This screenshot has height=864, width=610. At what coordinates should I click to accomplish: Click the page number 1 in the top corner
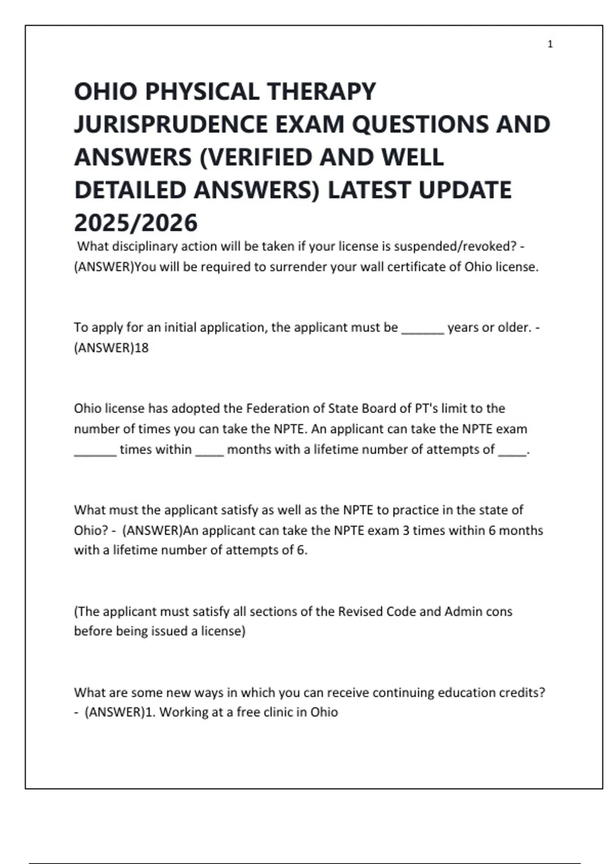[x=550, y=44]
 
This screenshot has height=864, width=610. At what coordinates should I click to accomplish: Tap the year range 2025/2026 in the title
[x=136, y=223]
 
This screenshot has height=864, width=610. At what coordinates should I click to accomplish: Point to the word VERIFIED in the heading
[x=257, y=157]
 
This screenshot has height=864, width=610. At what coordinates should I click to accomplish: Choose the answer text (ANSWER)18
[x=111, y=348]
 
